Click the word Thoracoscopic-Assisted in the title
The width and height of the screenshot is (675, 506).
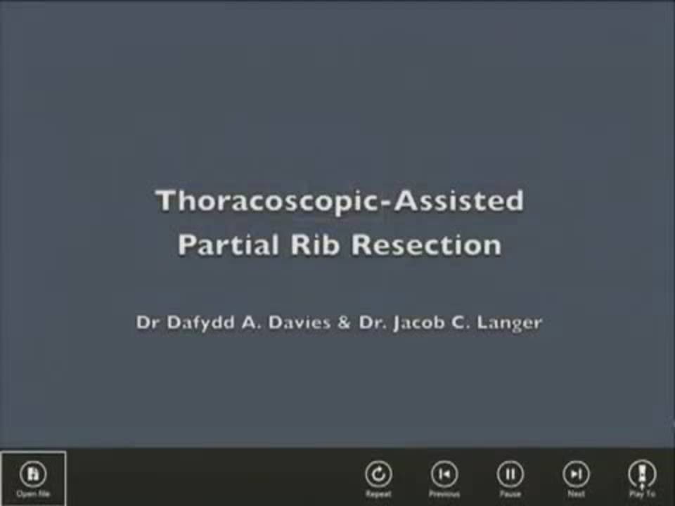point(339,200)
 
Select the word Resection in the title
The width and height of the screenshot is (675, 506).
point(426,245)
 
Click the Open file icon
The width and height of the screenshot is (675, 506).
point(32,474)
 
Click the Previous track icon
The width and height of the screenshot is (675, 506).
point(444,474)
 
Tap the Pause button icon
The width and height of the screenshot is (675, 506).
point(510,474)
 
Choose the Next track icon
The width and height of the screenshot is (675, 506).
point(576,474)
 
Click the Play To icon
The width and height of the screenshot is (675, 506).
point(642,474)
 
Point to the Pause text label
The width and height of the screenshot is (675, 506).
point(510,494)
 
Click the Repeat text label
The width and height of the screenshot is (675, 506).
point(378,494)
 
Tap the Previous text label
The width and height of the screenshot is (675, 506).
point(444,494)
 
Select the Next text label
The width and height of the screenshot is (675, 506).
point(576,494)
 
